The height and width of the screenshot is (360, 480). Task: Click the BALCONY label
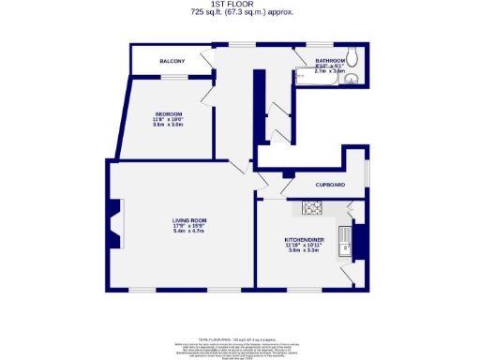172,61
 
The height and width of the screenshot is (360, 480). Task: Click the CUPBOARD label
329,185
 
